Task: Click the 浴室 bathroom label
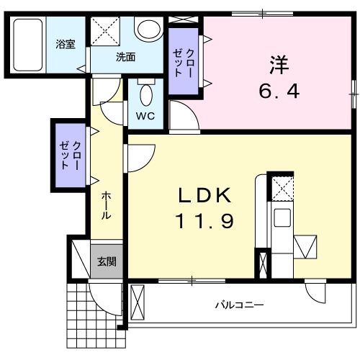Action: coord(66,45)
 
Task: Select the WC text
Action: coord(144,115)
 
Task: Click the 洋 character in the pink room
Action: coord(279,66)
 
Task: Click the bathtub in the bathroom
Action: coord(27,44)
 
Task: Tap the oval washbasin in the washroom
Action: coord(148,30)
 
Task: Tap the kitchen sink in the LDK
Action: coord(282,217)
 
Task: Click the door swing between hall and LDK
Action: coord(139,156)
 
